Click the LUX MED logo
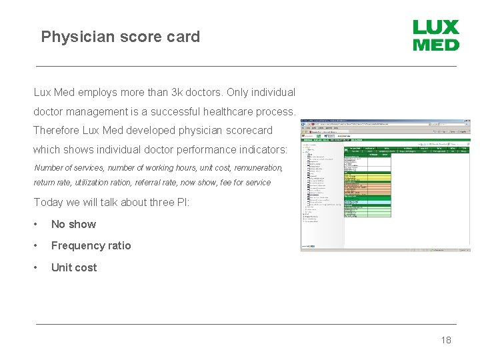[436, 35]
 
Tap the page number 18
[446, 340]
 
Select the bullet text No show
[73, 225]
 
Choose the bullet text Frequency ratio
[91, 246]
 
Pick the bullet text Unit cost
[73, 268]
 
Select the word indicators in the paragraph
[261, 149]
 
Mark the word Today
[49, 202]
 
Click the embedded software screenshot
[386, 185]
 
